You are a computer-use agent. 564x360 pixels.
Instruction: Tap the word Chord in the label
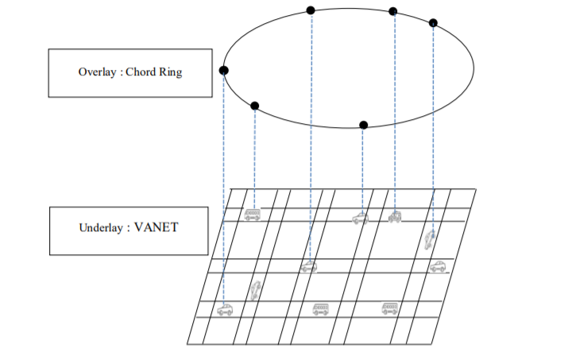pyautogui.click(x=141, y=72)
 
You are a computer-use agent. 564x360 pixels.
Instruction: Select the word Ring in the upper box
pyautogui.click(x=170, y=72)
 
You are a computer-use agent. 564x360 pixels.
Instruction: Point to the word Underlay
pyautogui.click(x=101, y=228)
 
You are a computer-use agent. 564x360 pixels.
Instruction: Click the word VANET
pyautogui.click(x=156, y=228)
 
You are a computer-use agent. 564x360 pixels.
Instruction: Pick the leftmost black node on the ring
pyautogui.click(x=224, y=71)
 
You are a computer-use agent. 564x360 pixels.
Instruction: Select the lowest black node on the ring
pyautogui.click(x=363, y=125)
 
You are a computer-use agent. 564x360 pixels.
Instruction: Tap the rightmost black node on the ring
pyautogui.click(x=432, y=22)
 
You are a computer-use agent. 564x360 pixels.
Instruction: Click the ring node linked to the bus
pyautogui.click(x=254, y=106)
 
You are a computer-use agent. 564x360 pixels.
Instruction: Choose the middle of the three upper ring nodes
pyautogui.click(x=392, y=11)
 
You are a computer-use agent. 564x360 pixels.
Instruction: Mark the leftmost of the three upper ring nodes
pyautogui.click(x=311, y=10)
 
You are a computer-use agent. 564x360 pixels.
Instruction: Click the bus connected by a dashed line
pyautogui.click(x=253, y=214)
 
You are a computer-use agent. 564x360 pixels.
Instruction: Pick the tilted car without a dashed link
pyautogui.click(x=255, y=291)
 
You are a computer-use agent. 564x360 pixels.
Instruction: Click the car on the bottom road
pyautogui.click(x=225, y=310)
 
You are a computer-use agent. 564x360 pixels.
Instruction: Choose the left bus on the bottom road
pyautogui.click(x=320, y=308)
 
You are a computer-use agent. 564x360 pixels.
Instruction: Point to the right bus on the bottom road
pyautogui.click(x=389, y=308)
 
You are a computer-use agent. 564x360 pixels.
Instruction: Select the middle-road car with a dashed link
pyautogui.click(x=309, y=266)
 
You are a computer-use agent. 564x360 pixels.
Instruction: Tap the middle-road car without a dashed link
pyautogui.click(x=437, y=267)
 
